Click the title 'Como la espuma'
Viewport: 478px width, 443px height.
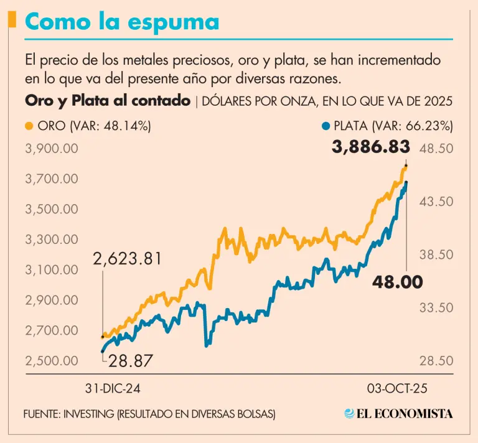[x=122, y=22]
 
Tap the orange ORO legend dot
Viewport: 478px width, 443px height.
[x=29, y=126]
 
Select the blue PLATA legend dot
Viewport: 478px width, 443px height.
[x=325, y=126]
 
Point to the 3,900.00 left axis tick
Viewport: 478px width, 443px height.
[x=52, y=149]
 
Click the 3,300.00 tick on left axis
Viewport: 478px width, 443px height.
[x=52, y=240]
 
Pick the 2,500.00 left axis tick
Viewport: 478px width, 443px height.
[x=52, y=361]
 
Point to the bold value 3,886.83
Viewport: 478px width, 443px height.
[x=371, y=147]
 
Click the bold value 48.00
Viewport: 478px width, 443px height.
[x=398, y=281]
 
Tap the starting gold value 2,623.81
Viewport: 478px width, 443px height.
[x=128, y=258]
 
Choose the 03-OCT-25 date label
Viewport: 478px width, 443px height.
[x=396, y=388]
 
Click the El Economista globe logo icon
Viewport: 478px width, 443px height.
[x=350, y=414]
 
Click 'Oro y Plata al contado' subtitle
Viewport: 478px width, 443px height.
[x=108, y=101]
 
